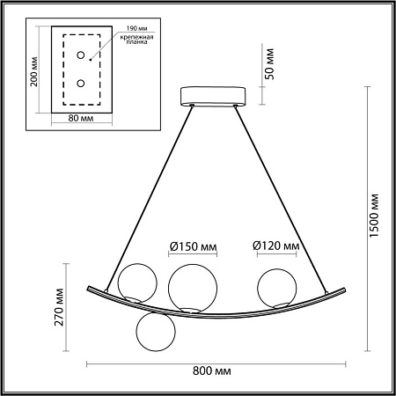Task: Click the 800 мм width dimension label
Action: click(211, 371)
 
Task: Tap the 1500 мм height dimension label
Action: click(374, 216)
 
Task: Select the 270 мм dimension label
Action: click(59, 307)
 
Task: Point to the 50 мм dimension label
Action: click(269, 64)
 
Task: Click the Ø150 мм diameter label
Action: click(193, 246)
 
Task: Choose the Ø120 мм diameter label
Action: click(276, 246)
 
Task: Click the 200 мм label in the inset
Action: click(34, 71)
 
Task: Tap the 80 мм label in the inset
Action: click(81, 118)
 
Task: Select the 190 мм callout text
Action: click(136, 28)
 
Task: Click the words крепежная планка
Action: click(136, 40)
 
